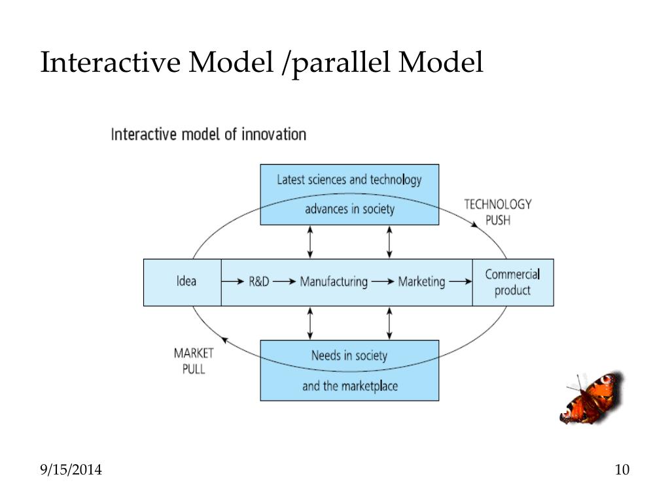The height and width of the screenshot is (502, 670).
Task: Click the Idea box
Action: click(183, 282)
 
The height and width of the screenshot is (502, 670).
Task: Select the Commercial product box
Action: click(513, 282)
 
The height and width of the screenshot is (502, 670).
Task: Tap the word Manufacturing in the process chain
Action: click(334, 282)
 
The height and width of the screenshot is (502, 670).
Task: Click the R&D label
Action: click(259, 282)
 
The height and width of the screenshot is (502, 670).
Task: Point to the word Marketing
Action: click(422, 282)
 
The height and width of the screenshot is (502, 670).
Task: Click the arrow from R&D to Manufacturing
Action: click(284, 282)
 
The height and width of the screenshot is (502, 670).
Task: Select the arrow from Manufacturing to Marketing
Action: click(383, 282)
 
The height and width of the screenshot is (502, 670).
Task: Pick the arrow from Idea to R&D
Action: click(233, 282)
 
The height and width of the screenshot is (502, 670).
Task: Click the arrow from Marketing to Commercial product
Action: click(461, 282)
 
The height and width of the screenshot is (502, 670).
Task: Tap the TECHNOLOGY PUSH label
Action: click(498, 212)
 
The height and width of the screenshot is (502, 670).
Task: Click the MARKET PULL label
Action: click(194, 361)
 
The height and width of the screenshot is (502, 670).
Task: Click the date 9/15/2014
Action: click(71, 469)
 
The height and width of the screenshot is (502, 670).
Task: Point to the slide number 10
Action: click(622, 469)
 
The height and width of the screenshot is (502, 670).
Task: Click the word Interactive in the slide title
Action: click(110, 62)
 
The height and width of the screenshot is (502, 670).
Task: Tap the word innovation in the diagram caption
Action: click(274, 135)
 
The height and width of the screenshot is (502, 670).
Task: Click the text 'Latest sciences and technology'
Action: click(349, 180)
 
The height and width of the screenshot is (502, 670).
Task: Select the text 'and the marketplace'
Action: click(350, 386)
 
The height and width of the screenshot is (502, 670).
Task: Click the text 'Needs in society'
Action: click(349, 356)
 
